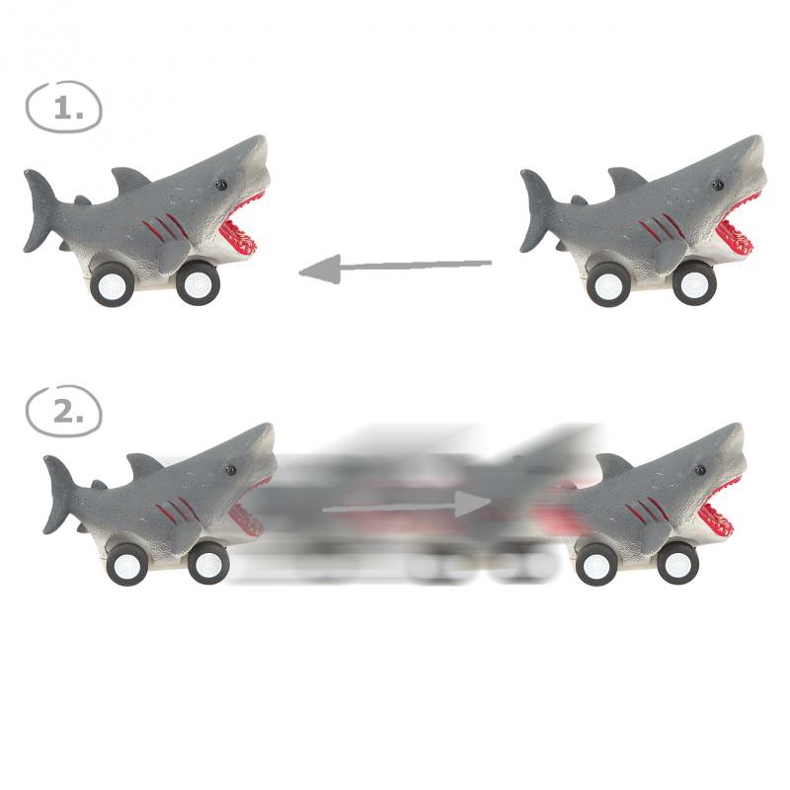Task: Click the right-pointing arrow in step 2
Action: (406, 505)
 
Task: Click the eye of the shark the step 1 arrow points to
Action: (220, 185)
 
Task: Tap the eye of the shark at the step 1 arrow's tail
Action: (718, 185)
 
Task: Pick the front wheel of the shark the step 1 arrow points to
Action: (197, 283)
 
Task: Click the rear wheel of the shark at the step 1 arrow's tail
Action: (608, 285)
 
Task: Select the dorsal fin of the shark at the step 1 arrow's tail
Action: (626, 179)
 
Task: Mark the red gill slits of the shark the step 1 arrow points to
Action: (165, 227)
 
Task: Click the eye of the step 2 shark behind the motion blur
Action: (231, 470)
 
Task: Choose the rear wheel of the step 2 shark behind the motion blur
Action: (127, 564)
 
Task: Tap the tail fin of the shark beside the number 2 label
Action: (60, 493)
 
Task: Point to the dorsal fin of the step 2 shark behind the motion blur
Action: (144, 464)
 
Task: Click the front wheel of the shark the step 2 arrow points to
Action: (678, 563)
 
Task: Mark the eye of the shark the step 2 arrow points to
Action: (700, 470)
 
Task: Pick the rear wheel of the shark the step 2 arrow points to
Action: (597, 564)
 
